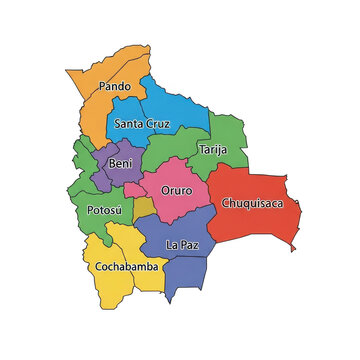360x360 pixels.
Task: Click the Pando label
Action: (x=115, y=87)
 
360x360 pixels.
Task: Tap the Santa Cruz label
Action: (x=142, y=125)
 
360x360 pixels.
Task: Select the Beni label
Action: (x=120, y=163)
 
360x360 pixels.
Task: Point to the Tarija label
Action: (x=212, y=150)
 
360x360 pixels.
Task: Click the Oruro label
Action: (x=176, y=189)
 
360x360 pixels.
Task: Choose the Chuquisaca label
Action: (x=251, y=203)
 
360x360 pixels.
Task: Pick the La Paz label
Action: (x=181, y=245)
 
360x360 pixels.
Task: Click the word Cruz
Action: (x=157, y=125)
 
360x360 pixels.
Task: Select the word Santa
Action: (x=128, y=125)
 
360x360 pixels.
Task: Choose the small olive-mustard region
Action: (x=144, y=208)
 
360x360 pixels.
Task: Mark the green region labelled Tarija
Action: (x=225, y=135)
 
